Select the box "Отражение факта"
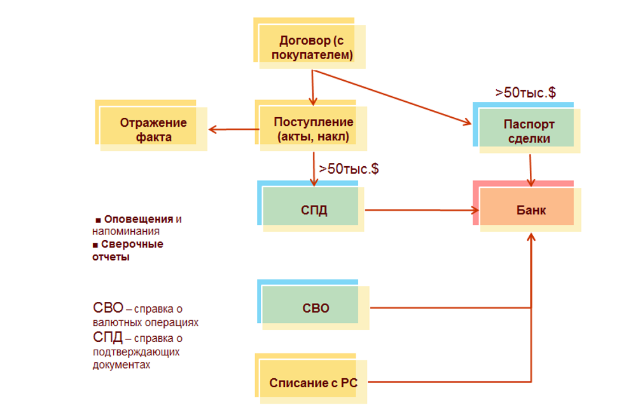pos(153,129)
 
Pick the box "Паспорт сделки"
pos(529,132)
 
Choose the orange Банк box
pos(529,209)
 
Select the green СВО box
pos(316,308)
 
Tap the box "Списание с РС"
pos(313,383)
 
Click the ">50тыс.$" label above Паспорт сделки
pos(525,92)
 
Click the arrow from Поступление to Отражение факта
pos(234,129)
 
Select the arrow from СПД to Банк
pos(420,209)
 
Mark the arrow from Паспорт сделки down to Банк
pos(530,167)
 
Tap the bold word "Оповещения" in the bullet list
pos(139,219)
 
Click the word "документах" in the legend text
pos(122,366)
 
